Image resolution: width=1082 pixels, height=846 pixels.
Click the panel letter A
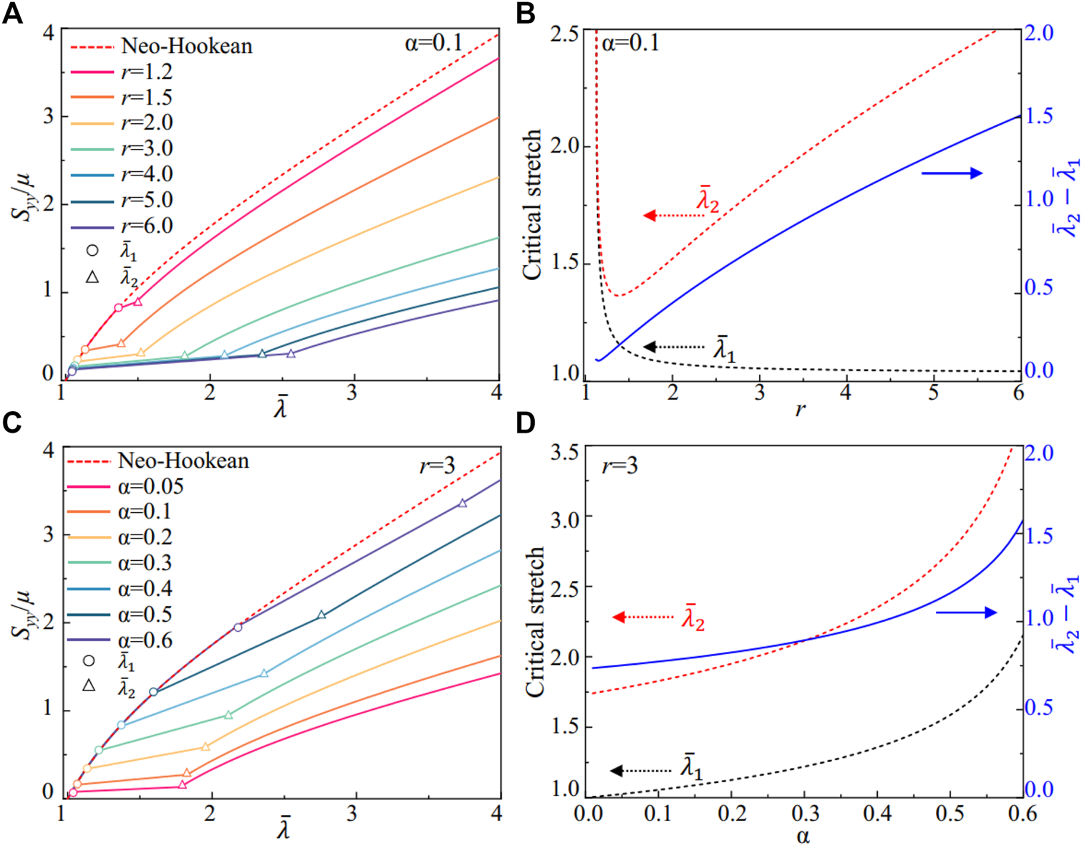point(12,14)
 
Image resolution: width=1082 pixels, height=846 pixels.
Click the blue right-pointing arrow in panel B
point(951,173)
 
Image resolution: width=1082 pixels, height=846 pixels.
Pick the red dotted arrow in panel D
point(644,617)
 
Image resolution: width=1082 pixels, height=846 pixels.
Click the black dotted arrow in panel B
point(673,347)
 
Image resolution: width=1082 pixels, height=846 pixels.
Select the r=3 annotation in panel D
point(619,467)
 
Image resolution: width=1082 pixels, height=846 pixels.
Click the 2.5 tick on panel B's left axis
point(565,34)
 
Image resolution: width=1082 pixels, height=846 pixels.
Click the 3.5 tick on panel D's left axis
point(565,453)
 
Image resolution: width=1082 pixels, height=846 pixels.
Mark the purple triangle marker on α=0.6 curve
point(463,503)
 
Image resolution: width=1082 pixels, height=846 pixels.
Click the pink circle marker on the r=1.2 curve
point(118,308)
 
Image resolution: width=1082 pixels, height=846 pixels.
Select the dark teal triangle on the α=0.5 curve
point(322,615)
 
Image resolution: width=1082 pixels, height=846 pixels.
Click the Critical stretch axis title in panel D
point(535,622)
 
